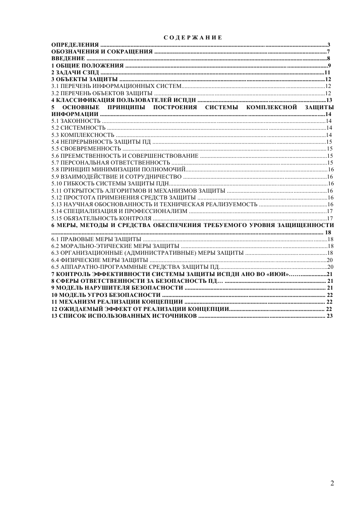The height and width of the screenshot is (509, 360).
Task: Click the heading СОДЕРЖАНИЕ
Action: click(193, 38)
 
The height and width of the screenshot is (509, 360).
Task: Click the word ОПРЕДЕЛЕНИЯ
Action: click(75, 44)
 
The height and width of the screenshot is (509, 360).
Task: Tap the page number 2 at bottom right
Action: click(332, 483)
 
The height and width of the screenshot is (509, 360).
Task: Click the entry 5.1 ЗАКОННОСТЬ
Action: click(75, 121)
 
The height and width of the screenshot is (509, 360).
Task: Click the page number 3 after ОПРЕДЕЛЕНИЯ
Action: click(328, 44)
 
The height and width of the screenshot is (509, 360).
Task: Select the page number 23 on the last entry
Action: click(330, 316)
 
